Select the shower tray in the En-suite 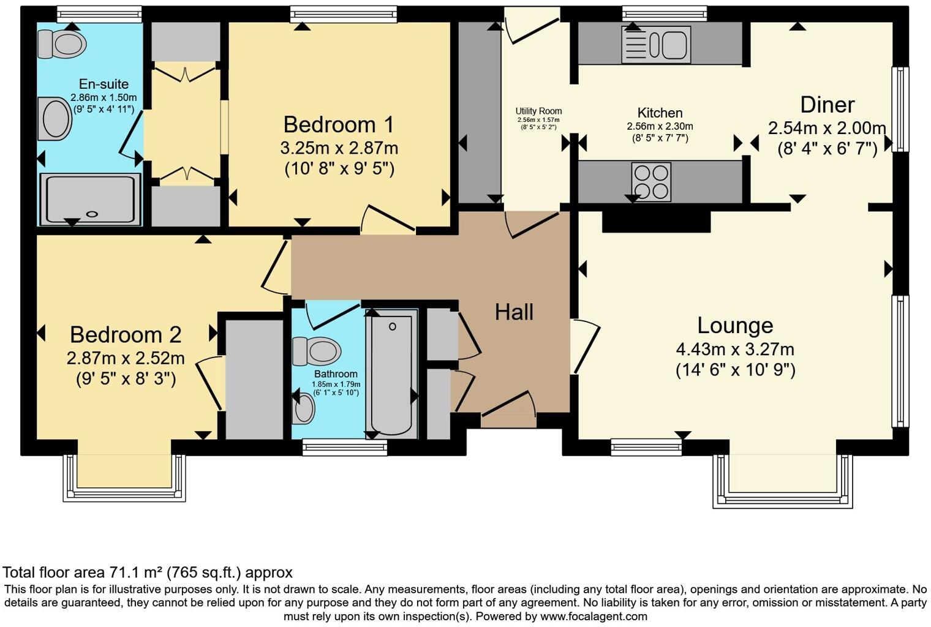coord(90,198)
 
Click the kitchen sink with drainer coord(655,45)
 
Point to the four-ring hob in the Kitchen coord(651,182)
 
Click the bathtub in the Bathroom coord(391,374)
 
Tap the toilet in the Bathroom coord(317,351)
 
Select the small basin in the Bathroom coord(304,409)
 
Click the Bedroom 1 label coord(339,124)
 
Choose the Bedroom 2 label coord(126,334)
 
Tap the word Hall coord(514,312)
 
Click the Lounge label coord(735,325)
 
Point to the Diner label coord(827,105)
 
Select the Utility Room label coord(538,111)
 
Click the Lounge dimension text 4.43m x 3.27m coord(735,350)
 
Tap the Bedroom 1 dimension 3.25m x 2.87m coord(339,148)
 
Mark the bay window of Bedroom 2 coord(124,478)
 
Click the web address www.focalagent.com coord(594,617)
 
